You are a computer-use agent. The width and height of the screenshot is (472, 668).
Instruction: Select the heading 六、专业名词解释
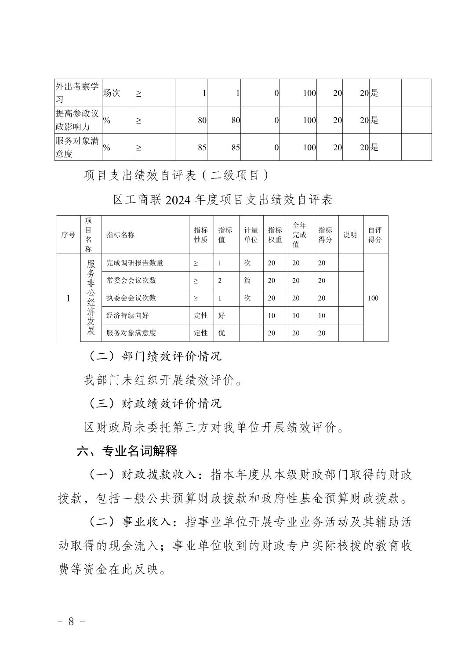(x=127, y=451)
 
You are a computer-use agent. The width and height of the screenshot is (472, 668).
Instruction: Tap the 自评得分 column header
(x=375, y=235)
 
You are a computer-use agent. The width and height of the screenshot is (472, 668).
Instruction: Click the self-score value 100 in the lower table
(x=373, y=298)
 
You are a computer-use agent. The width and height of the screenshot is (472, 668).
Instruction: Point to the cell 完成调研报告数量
(x=134, y=263)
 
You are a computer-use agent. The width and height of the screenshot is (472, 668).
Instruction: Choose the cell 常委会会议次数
(x=131, y=280)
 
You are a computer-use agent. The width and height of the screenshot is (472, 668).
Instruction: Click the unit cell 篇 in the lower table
(x=247, y=280)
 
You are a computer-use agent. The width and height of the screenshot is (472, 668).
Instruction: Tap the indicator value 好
(x=221, y=316)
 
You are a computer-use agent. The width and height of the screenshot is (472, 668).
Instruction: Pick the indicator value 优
(x=221, y=333)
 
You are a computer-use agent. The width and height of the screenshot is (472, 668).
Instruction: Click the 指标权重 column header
(x=275, y=235)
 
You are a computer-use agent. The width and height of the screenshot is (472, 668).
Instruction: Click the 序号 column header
(x=68, y=235)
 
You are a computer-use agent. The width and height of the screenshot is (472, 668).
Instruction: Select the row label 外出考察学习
(x=77, y=93)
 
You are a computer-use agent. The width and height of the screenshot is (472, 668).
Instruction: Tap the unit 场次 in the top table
(x=112, y=93)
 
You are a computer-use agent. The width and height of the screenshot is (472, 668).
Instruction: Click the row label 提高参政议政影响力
(x=77, y=120)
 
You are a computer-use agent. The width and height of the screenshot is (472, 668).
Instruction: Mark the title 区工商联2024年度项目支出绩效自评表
(x=223, y=200)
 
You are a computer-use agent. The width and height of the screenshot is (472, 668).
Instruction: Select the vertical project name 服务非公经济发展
(x=91, y=298)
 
